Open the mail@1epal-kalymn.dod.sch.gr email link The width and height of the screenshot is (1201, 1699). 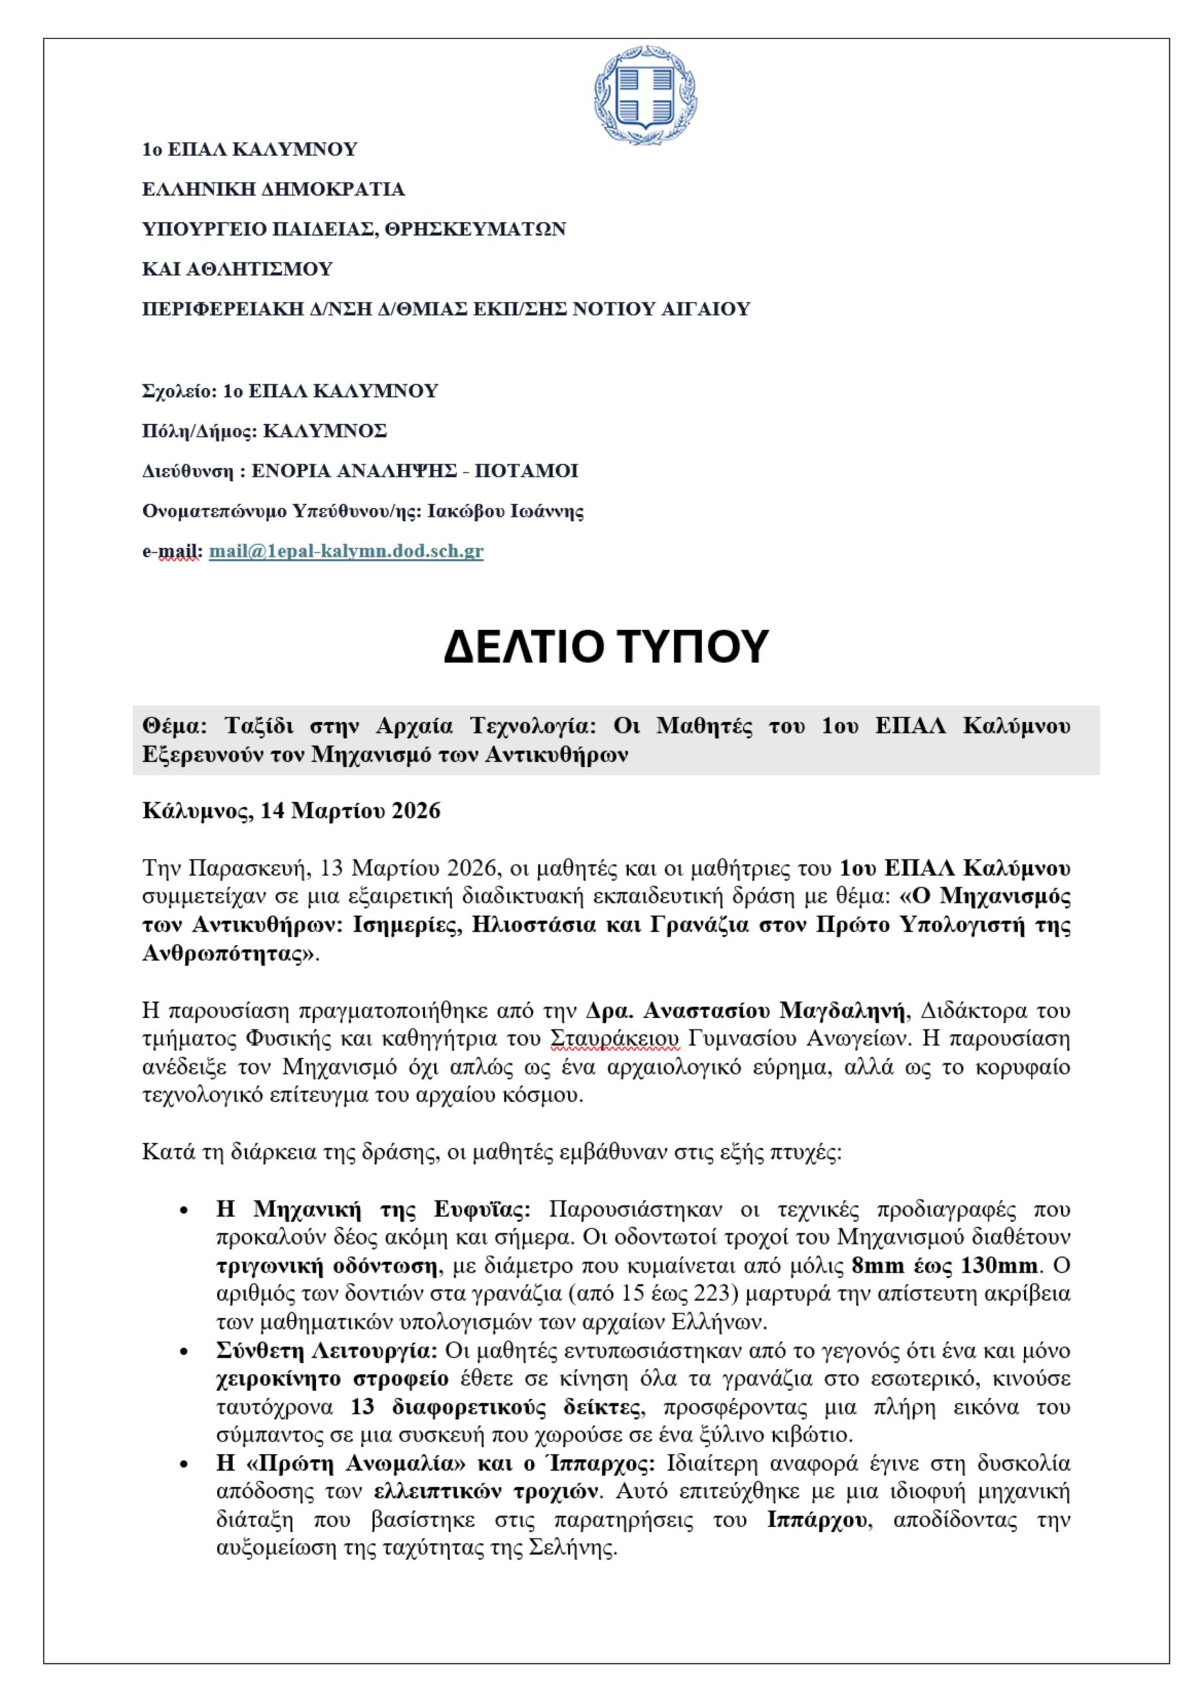point(346,552)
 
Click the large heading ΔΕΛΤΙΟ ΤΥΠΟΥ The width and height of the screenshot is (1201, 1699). point(606,646)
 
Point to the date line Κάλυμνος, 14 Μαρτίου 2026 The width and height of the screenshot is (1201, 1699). point(291,811)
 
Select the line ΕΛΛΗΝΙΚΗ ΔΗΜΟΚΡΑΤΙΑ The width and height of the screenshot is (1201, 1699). point(273,189)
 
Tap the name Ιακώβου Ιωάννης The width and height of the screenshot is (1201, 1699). point(506,511)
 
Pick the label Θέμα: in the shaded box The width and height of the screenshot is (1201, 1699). point(173,726)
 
